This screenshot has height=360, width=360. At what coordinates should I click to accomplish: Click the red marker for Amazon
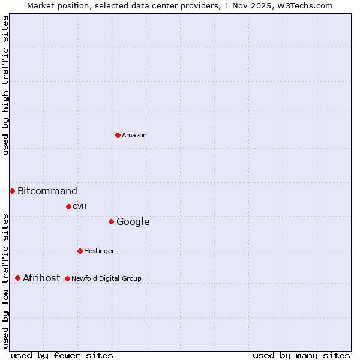(x=118, y=135)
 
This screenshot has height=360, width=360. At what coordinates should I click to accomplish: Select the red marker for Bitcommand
(x=12, y=191)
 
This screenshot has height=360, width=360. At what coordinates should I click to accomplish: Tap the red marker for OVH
(x=68, y=206)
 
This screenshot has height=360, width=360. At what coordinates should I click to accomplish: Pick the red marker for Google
(x=111, y=221)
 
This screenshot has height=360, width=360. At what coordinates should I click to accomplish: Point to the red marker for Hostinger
(x=80, y=251)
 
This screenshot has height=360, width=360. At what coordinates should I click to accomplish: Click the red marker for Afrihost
(x=17, y=278)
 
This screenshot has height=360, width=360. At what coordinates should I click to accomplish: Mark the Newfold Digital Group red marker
(x=67, y=278)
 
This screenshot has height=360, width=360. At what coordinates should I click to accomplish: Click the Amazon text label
(x=134, y=136)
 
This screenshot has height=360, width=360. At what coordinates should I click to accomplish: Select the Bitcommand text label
(x=47, y=191)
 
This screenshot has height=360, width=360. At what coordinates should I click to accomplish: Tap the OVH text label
(x=80, y=207)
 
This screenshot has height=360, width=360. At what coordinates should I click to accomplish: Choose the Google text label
(x=133, y=222)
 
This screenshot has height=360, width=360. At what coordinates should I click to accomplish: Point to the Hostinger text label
(x=99, y=251)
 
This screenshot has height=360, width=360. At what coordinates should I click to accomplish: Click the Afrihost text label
(x=41, y=278)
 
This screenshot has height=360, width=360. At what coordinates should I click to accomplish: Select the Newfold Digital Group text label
(x=106, y=279)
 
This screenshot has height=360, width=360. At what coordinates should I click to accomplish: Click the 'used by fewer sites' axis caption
(x=62, y=356)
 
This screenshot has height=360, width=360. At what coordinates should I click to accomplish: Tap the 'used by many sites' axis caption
(x=301, y=356)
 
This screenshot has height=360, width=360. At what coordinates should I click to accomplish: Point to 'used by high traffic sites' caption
(x=6, y=85)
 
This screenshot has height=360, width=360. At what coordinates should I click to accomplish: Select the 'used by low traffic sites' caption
(x=6, y=281)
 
